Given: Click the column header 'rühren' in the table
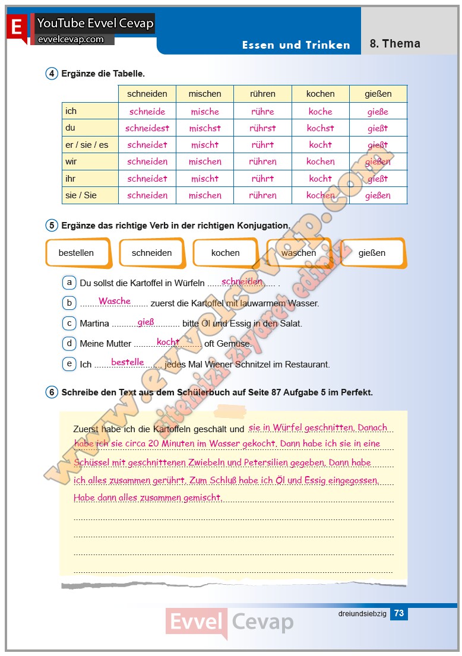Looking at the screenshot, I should pyautogui.click(x=262, y=94).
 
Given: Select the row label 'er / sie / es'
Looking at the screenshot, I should pyautogui.click(x=87, y=145).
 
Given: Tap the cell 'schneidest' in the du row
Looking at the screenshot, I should pyautogui.click(x=147, y=128).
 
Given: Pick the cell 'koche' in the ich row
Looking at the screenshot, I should pyautogui.click(x=321, y=112).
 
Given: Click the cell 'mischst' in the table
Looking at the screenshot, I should pyautogui.click(x=205, y=128).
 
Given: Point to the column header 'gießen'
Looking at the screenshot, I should pyautogui.click(x=378, y=94).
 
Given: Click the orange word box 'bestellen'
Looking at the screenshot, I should pyautogui.click(x=77, y=253).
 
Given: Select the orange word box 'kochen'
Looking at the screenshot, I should pyautogui.click(x=226, y=253).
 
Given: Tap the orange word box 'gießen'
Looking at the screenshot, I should pyautogui.click(x=372, y=253).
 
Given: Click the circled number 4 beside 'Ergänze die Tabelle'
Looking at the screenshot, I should pyautogui.click(x=52, y=74).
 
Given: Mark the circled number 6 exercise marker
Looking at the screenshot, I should pyautogui.click(x=52, y=392).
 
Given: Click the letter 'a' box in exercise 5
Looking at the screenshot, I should pyautogui.click(x=69, y=283).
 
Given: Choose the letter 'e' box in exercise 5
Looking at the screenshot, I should pyautogui.click(x=69, y=364).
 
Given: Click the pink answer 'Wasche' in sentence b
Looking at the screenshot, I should pyautogui.click(x=115, y=301).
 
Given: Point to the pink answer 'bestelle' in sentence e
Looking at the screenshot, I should pyautogui.click(x=128, y=362).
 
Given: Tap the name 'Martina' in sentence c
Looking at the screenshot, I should pyautogui.click(x=94, y=324).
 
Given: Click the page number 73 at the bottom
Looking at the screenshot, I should pyautogui.click(x=399, y=613).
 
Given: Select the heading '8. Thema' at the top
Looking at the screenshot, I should pyautogui.click(x=395, y=43).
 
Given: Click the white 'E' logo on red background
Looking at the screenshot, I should pyautogui.click(x=17, y=27).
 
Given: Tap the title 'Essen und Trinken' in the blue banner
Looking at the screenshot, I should pyautogui.click(x=296, y=45).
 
